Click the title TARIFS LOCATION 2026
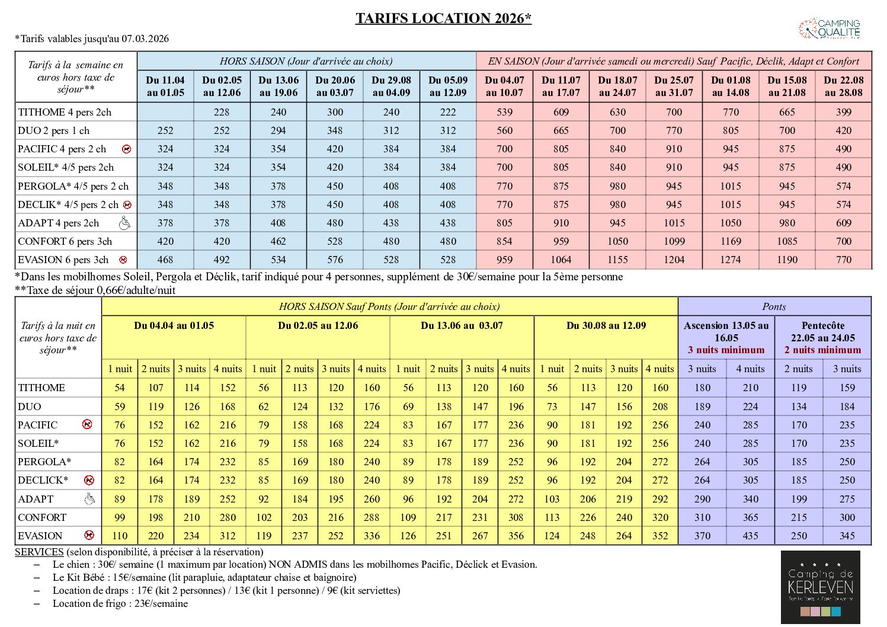click(x=443, y=18)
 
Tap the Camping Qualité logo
click(x=830, y=28)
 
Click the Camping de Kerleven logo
click(x=820, y=587)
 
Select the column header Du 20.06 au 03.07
click(x=335, y=87)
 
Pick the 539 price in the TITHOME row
click(x=504, y=112)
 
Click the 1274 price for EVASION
click(x=730, y=260)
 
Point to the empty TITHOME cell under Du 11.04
click(x=165, y=112)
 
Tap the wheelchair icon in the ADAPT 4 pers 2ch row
click(x=124, y=223)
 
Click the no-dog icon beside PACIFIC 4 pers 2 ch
click(x=126, y=149)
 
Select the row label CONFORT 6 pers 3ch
click(x=65, y=242)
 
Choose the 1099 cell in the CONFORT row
click(x=674, y=242)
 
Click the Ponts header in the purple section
click(x=774, y=307)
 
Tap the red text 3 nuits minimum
click(x=726, y=350)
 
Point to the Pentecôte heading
click(x=822, y=325)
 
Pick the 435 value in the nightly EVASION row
click(x=750, y=536)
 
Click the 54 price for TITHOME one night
click(x=120, y=388)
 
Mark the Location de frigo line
click(x=120, y=604)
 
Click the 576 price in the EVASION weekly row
click(x=335, y=260)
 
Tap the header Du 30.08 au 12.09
click(x=606, y=325)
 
